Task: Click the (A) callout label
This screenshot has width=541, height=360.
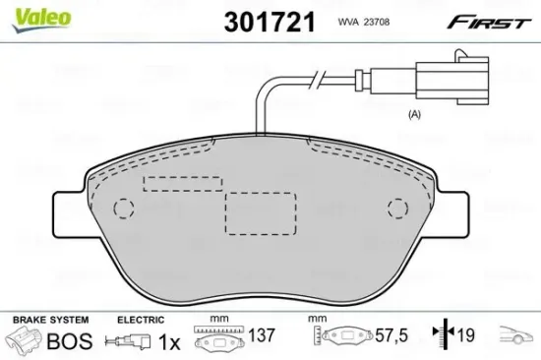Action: (x=414, y=115)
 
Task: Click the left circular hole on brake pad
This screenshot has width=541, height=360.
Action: (x=124, y=209)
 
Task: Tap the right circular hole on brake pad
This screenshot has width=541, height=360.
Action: (x=397, y=208)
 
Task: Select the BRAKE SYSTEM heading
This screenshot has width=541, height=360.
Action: (x=49, y=320)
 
